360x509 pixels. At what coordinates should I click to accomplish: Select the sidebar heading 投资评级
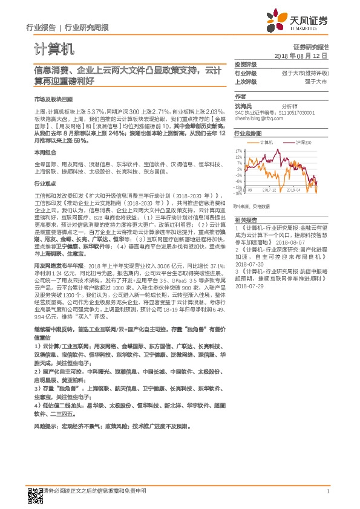click(x=245, y=64)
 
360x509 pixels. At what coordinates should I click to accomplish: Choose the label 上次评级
click(x=245, y=81)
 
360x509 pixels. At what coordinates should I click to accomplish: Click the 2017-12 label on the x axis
click(x=270, y=190)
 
